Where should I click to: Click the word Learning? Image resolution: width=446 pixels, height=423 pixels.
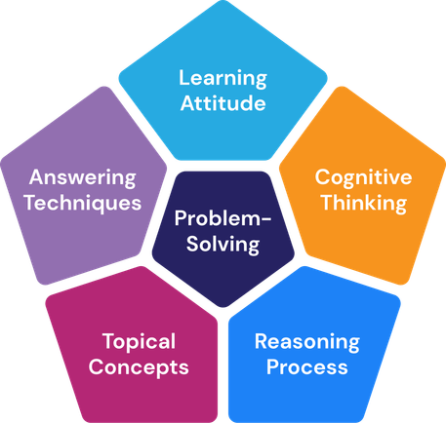pos(223,79)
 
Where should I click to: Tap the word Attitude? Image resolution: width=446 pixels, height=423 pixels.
pos(223,103)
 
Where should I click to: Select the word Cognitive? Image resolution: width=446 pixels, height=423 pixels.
pos(363,178)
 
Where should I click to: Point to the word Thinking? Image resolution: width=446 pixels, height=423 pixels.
pos(364,204)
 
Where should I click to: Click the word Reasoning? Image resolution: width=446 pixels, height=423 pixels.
pos(307,342)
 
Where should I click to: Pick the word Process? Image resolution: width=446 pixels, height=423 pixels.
pos(307,366)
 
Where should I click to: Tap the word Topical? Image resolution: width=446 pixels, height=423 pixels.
pos(139,342)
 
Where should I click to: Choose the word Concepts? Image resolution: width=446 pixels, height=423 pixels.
pos(139,367)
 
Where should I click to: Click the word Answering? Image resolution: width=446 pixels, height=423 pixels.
pos(82,178)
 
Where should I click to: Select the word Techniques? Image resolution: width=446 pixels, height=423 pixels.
pos(83,204)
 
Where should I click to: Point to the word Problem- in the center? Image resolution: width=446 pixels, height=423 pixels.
pos(223,218)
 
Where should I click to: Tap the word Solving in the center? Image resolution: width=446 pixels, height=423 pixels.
pos(223,245)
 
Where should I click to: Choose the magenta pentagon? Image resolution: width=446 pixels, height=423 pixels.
pos(134,348)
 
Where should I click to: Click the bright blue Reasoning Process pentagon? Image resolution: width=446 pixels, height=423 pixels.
pos(313,348)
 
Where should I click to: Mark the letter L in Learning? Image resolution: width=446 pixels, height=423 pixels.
pos(184,77)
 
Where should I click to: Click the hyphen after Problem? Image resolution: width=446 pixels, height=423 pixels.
pos(266,219)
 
